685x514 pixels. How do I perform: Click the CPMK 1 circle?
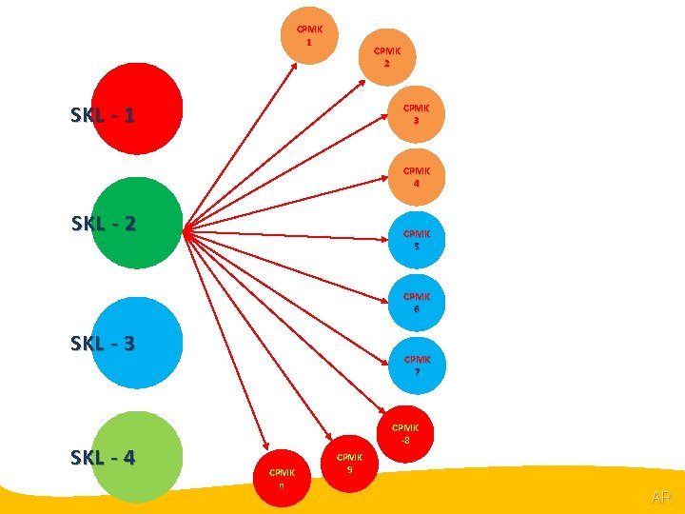coord(309,35)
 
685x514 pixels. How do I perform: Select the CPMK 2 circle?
coord(386,56)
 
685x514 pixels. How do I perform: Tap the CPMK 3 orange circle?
coord(416,114)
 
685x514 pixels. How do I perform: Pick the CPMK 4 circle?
coord(416,177)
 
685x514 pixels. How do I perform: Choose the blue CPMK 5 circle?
coord(416,239)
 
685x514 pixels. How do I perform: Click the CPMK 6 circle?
coord(416,303)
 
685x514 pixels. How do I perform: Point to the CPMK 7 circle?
coord(417,366)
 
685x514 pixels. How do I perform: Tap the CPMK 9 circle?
coord(349,463)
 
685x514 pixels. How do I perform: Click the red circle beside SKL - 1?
coord(137,109)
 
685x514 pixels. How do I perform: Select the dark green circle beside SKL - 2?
coord(137,223)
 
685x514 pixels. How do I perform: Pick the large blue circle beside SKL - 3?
coord(137,343)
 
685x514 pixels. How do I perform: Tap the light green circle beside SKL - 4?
coord(137,456)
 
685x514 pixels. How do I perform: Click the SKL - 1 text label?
coord(102,116)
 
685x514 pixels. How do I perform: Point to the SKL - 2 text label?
coord(103,225)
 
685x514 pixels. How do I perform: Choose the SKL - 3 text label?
coord(102,344)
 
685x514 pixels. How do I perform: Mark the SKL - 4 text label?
coord(102,458)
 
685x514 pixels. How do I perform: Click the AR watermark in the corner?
coord(661,498)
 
